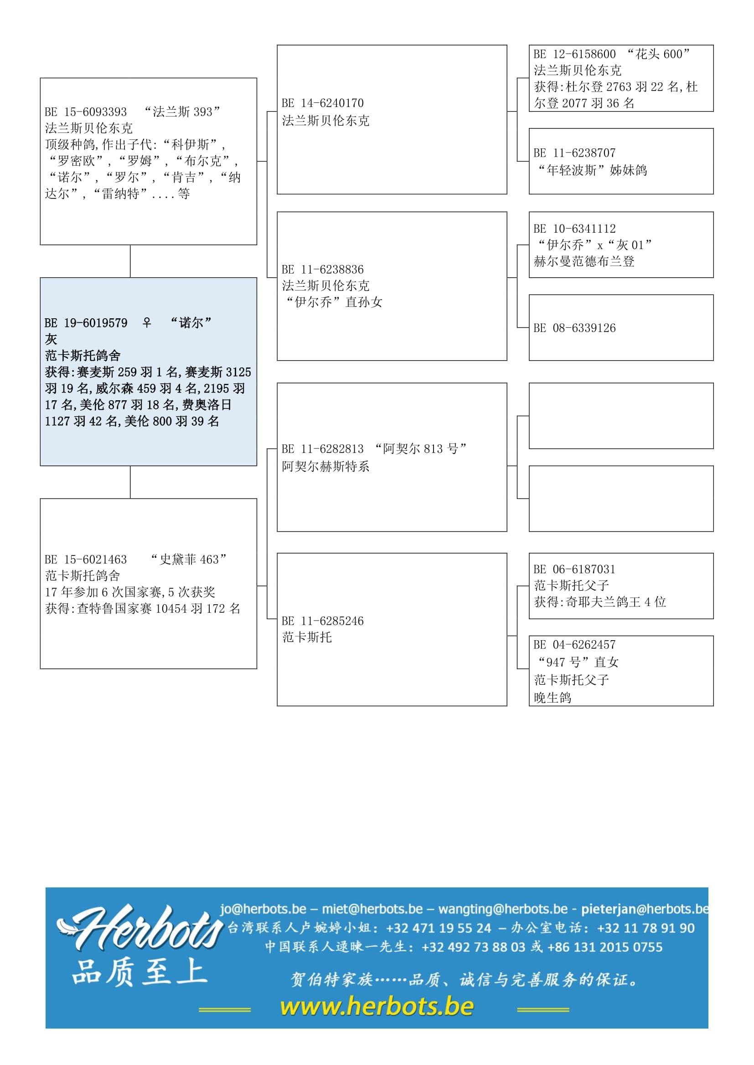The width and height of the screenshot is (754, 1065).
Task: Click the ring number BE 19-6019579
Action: click(x=86, y=323)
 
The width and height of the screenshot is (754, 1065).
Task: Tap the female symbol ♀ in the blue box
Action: click(x=147, y=322)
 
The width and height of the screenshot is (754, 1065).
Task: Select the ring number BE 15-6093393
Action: click(x=86, y=112)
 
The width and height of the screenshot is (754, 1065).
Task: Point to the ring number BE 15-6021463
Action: click(x=86, y=560)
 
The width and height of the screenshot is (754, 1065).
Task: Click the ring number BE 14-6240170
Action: click(x=323, y=103)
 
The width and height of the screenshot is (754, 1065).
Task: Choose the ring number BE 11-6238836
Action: click(x=323, y=270)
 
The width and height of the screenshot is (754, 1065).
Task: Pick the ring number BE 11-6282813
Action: click(x=323, y=448)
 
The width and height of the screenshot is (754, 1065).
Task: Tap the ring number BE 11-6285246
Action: click(x=323, y=621)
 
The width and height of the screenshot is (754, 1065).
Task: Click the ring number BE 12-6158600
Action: click(x=574, y=54)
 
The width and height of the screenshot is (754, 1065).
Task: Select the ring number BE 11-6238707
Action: click(x=574, y=153)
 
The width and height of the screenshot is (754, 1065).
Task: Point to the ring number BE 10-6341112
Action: click(x=574, y=228)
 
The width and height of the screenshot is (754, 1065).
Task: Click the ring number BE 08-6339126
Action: click(x=574, y=328)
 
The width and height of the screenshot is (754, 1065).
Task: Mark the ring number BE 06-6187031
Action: click(x=574, y=569)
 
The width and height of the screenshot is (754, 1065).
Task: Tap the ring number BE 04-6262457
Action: click(x=574, y=644)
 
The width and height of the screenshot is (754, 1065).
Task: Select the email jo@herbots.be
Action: click(x=263, y=909)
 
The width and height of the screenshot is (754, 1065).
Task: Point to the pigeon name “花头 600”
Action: click(x=658, y=54)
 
